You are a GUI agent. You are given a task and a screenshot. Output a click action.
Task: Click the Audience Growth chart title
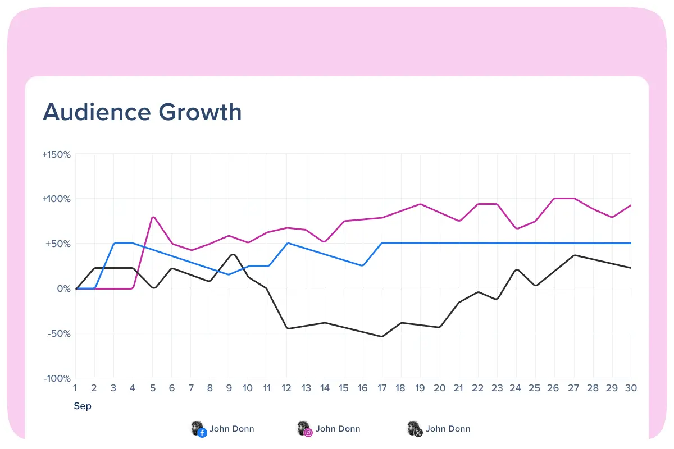pyautogui.click(x=142, y=112)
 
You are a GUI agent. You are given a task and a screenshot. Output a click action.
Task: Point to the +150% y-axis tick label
pyautogui.click(x=56, y=154)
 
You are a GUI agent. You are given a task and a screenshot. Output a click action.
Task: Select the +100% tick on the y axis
pyautogui.click(x=56, y=199)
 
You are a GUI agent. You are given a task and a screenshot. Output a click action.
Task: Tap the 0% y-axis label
pyautogui.click(x=63, y=288)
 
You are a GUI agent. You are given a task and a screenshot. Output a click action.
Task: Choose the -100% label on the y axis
pyautogui.click(x=57, y=378)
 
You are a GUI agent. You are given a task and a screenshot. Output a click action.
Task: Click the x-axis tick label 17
pyautogui.click(x=382, y=388)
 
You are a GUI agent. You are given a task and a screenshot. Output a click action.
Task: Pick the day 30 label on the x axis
pyautogui.click(x=631, y=388)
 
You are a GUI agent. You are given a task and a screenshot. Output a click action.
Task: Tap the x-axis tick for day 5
pyautogui.click(x=152, y=388)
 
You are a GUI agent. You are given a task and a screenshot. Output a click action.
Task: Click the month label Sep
pyautogui.click(x=83, y=406)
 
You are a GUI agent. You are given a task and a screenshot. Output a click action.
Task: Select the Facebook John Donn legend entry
pyautogui.click(x=223, y=429)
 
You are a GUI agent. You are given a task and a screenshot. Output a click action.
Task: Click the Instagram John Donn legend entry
pyautogui.click(x=329, y=429)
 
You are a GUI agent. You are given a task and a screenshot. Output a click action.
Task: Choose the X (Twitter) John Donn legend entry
pyautogui.click(x=439, y=429)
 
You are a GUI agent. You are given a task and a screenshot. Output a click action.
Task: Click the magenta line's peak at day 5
pyautogui.click(x=153, y=217)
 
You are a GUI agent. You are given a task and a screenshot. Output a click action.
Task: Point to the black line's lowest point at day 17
pyautogui.click(x=382, y=336)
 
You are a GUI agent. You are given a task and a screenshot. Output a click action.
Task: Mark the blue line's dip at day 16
pyautogui.click(x=363, y=265)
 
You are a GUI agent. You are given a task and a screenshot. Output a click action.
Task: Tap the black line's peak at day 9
pyautogui.click(x=232, y=254)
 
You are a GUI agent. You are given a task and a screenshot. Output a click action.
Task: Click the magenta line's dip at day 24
pyautogui.click(x=516, y=228)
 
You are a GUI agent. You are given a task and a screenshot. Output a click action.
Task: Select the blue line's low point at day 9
pyautogui.click(x=229, y=274)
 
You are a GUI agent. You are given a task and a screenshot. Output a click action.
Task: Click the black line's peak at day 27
pyautogui.click(x=574, y=255)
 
